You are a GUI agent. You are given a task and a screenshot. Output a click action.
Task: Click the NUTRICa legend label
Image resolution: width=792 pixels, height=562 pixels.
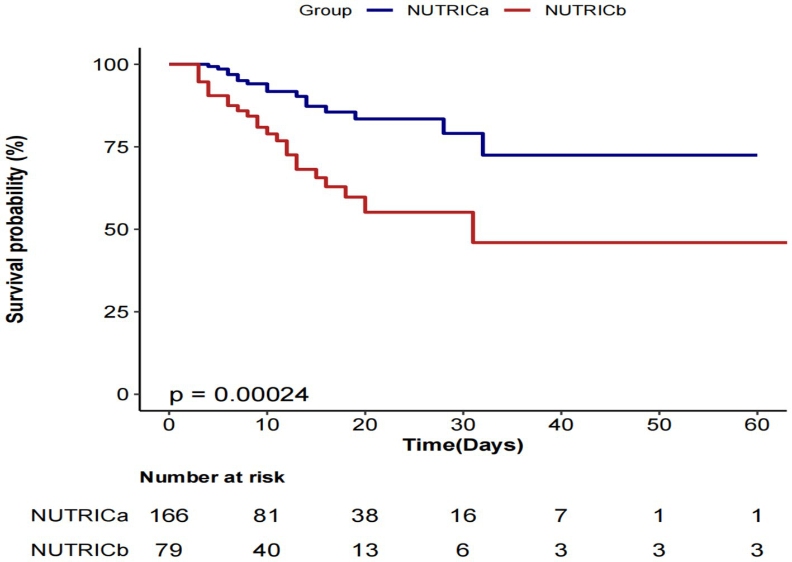pos(448,11)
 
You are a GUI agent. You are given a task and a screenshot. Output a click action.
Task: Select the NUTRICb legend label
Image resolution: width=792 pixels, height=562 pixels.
pos(585,11)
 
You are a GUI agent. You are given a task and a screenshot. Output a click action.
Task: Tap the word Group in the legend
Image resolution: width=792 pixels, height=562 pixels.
pos(325,11)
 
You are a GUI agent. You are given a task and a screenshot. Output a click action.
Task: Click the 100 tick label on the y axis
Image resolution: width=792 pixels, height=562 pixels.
pos(111,64)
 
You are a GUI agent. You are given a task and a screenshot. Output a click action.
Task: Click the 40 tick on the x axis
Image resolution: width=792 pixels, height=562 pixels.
pos(561,425)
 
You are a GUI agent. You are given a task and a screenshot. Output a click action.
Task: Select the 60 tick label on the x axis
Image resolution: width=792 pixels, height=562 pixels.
pos(756,425)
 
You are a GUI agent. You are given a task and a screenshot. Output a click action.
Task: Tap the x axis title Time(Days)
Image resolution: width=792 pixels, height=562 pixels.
pos(463,445)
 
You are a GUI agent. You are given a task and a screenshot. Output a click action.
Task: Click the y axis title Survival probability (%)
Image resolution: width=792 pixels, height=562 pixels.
pos(16,229)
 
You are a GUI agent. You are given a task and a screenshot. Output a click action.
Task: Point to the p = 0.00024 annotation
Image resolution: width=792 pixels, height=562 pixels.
pos(239,394)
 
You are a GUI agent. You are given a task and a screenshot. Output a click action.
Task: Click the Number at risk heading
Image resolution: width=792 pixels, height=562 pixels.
pos(212,477)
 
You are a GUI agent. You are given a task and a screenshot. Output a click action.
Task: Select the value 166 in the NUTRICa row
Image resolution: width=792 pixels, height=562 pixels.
pos(169,515)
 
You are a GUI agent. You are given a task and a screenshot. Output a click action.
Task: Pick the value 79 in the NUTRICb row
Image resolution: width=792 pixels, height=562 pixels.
pos(169,550)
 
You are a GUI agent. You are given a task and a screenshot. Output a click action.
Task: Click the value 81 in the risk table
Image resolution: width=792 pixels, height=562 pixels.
pos(267,515)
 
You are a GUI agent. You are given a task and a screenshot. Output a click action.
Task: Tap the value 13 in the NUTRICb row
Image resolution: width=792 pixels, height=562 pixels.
pos(364,550)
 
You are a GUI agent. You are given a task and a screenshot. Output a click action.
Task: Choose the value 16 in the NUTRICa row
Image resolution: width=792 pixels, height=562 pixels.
pos(463,515)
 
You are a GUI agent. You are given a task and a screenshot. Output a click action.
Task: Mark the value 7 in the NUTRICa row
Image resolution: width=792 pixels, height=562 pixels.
pos(561,515)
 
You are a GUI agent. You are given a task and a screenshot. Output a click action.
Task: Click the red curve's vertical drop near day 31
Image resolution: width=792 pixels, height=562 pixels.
pos(473,227)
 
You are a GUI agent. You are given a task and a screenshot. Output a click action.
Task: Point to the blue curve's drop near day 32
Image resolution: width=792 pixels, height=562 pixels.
pos(482,144)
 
